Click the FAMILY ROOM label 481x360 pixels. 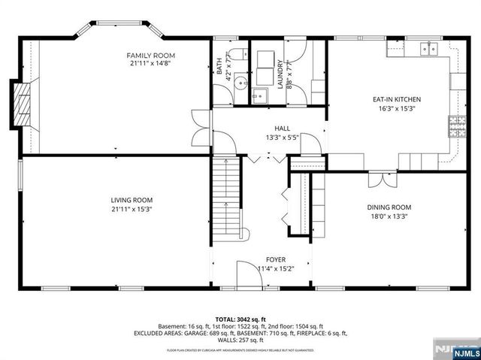point(150,56)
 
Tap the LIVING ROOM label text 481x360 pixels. point(132,200)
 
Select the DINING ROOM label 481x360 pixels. point(389,207)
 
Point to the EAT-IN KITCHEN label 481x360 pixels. point(396,99)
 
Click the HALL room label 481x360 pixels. point(282,129)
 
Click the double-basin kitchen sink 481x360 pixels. point(430,50)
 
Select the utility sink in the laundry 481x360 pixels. point(259,95)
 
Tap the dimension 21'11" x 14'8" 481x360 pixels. point(150,65)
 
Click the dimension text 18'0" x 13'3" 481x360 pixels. point(389,216)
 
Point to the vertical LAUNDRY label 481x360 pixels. point(280,74)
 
